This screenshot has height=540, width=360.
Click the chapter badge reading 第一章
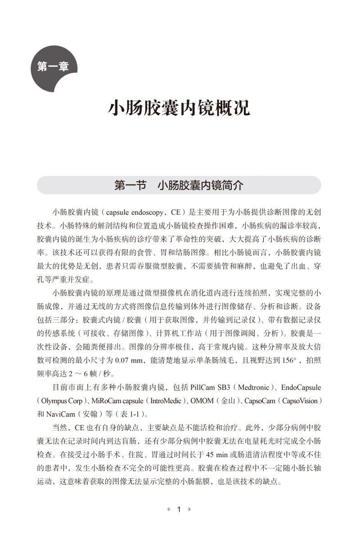point(53,67)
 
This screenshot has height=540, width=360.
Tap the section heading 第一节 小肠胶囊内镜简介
point(179,185)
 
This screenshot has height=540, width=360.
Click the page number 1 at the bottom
point(179,510)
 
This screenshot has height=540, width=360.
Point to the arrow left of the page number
point(169,510)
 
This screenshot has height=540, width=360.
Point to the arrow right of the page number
point(189,510)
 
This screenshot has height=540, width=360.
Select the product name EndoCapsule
point(301,387)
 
